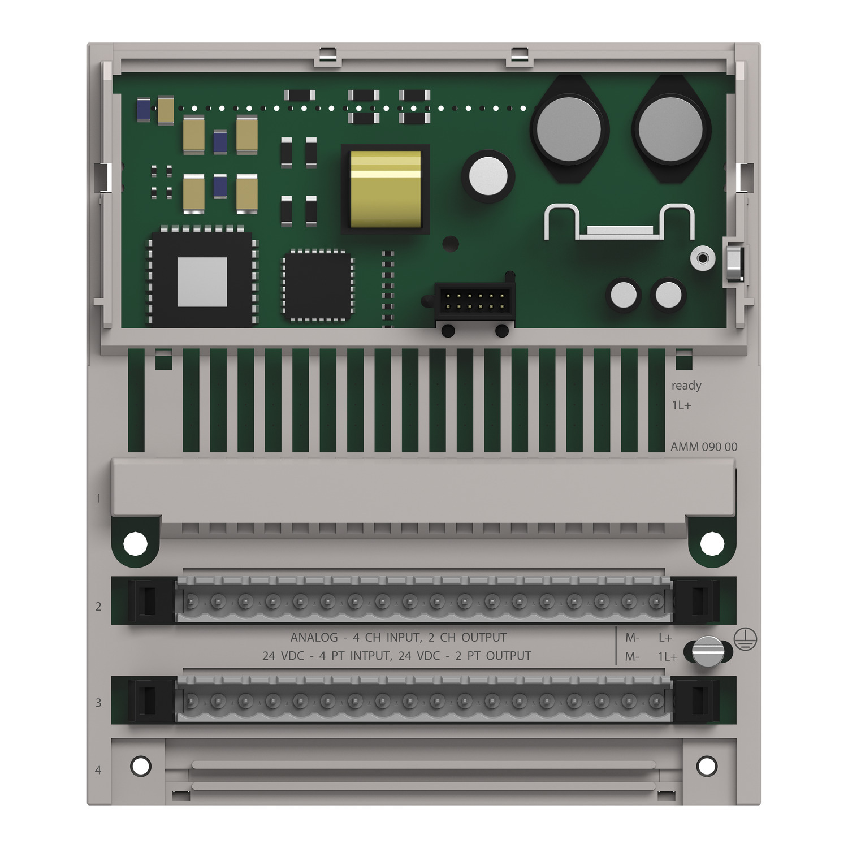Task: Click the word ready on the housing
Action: coord(686,386)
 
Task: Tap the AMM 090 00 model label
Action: coord(704,447)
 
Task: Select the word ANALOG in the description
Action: coord(314,638)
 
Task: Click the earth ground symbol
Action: coord(746,639)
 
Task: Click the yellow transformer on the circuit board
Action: coord(386,189)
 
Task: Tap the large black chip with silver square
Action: coord(202,279)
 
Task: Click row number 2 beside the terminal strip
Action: coord(98,607)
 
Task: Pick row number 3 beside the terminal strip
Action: coord(98,703)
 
